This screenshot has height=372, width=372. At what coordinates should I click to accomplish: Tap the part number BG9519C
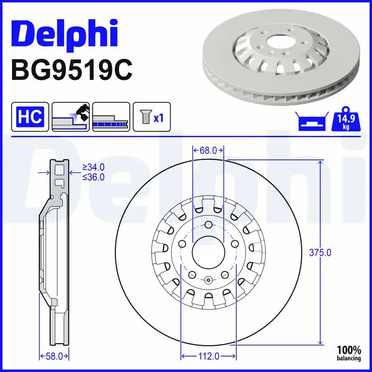click(x=72, y=71)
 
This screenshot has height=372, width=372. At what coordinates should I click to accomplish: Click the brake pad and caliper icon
click(x=70, y=116)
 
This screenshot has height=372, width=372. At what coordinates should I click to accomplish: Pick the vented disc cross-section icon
click(x=111, y=116)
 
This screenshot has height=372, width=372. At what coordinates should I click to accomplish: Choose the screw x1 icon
click(x=152, y=116)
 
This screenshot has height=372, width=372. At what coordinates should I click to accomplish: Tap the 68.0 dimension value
click(x=208, y=150)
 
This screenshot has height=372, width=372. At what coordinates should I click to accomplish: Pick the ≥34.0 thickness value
click(x=93, y=167)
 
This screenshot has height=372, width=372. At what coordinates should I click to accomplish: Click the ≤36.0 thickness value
click(x=93, y=177)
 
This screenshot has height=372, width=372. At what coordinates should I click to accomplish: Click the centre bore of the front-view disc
click(x=208, y=252)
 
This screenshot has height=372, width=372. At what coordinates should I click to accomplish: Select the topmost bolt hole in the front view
click(x=208, y=226)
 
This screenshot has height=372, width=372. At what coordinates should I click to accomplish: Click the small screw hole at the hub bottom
click(x=208, y=280)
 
